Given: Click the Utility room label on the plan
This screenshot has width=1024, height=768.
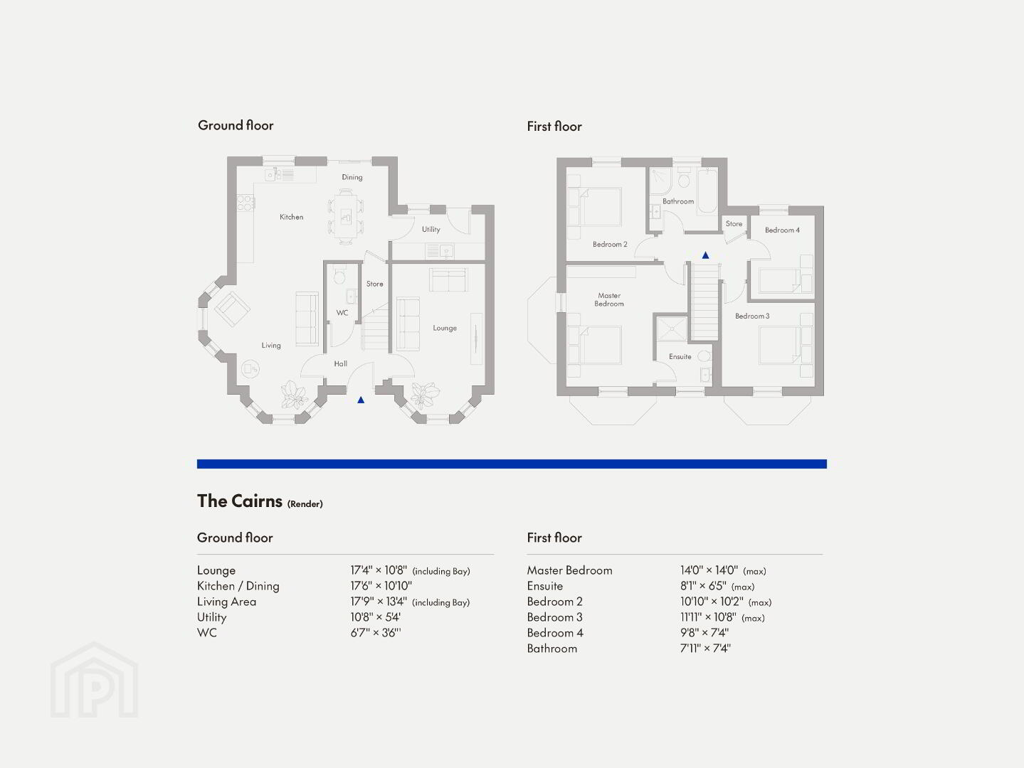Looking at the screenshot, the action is [431, 229].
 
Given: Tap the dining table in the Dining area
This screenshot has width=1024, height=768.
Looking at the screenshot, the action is [346, 216].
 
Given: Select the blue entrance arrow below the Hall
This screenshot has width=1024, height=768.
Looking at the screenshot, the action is [361, 400].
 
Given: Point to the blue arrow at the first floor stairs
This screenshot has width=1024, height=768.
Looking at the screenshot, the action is [705, 255].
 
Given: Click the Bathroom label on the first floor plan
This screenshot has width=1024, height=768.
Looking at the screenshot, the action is [678, 201].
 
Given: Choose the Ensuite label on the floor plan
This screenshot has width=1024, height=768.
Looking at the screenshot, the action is [680, 356].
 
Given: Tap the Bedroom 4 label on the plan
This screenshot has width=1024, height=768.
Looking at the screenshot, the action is [782, 230].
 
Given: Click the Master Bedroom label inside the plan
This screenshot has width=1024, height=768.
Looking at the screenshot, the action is [609, 299].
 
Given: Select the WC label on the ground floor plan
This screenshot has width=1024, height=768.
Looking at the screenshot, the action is [342, 313].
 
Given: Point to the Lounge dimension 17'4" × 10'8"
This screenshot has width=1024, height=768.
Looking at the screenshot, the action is [379, 570].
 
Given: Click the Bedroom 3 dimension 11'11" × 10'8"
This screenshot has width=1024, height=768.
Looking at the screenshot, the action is [708, 617].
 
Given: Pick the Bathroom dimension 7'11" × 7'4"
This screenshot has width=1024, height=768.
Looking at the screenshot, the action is [705, 649].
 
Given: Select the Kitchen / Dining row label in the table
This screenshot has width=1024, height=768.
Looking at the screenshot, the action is [238, 586].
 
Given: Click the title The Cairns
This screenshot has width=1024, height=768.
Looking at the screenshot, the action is [239, 501].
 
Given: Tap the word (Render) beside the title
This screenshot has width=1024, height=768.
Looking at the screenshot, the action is [305, 503].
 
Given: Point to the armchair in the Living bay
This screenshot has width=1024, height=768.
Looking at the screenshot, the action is [232, 309].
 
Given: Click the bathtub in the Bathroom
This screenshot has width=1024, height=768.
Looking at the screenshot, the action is [707, 191].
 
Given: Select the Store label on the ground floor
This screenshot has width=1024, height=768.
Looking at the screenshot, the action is [374, 284].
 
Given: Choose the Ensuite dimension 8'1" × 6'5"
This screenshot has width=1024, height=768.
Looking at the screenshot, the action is [702, 586].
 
